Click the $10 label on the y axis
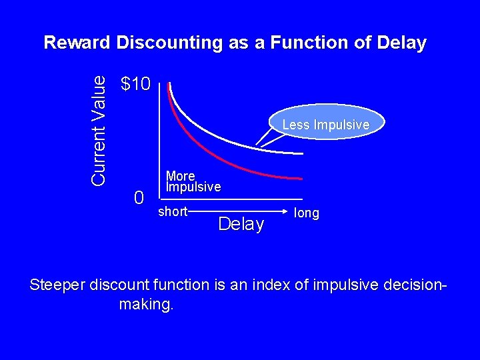tap(137, 84)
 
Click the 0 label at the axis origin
tap(139, 197)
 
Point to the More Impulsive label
tap(193, 181)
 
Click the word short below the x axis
tap(173, 212)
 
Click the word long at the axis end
tap(307, 213)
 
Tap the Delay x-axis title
tap(241, 225)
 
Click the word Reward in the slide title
tap(77, 43)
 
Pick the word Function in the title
tap(304, 43)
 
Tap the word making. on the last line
tap(146, 305)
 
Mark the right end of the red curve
tap(301, 178)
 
